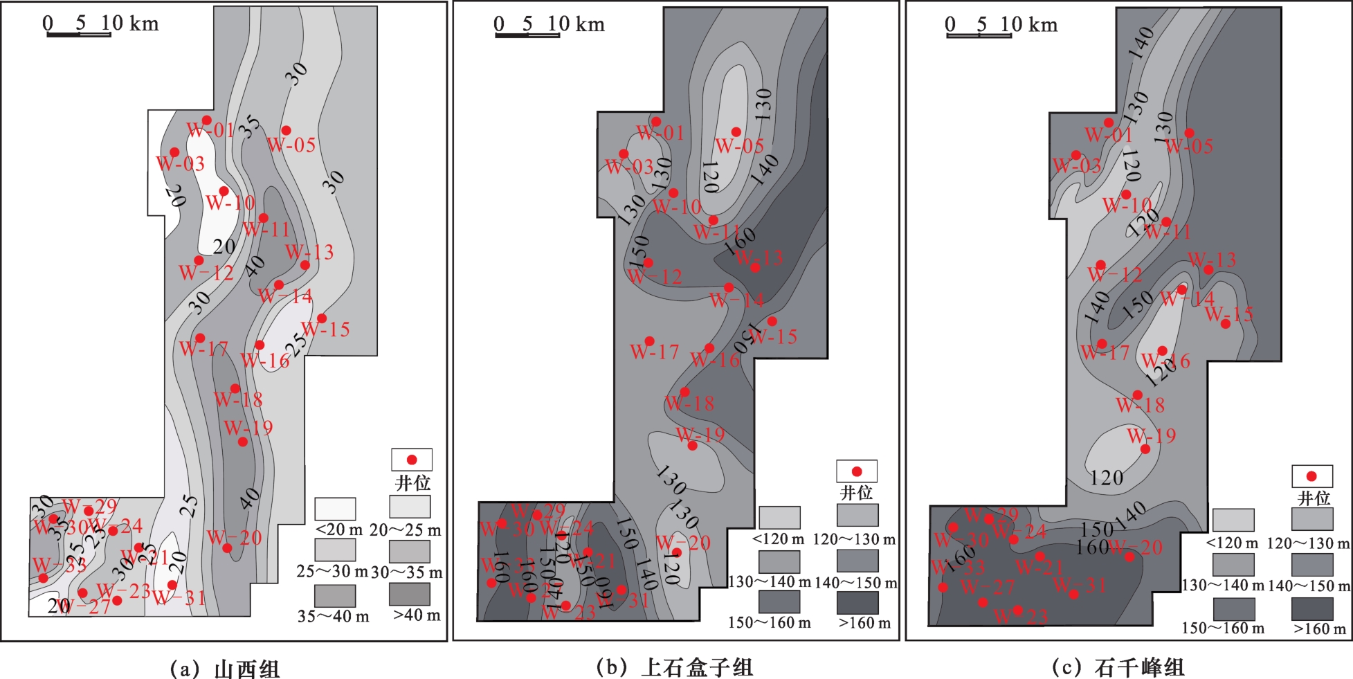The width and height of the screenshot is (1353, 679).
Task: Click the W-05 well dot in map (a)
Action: [x=286, y=130]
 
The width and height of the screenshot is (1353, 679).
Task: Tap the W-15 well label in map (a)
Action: [x=327, y=330]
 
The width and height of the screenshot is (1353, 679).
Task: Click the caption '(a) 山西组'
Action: [x=224, y=669]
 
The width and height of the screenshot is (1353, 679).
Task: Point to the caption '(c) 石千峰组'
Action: [x=1118, y=667]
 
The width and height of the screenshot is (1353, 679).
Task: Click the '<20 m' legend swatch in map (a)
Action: [x=335, y=509]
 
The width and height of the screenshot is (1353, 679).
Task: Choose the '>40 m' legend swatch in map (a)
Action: [x=409, y=594]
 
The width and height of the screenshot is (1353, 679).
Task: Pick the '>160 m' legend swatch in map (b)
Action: [x=857, y=602]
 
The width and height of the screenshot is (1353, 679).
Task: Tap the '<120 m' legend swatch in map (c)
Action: [x=1233, y=520]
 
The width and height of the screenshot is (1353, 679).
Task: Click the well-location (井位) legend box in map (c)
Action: [x=1311, y=476]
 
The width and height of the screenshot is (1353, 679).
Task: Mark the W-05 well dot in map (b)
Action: [x=736, y=132]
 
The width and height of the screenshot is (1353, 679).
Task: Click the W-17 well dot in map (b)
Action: [x=649, y=341]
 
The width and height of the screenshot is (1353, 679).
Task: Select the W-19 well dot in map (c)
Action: [x=1145, y=449]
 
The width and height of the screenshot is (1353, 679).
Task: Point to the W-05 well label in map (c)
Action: [x=1189, y=147]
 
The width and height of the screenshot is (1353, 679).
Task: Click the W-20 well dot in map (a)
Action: [x=227, y=548]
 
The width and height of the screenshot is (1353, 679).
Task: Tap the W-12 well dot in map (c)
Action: [x=1100, y=265]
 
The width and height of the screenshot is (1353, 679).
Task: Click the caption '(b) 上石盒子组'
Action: [x=674, y=667]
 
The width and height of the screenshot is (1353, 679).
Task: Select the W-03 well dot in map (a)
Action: [x=174, y=152]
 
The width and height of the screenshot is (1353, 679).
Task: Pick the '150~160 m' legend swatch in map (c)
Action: [x=1233, y=608]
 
